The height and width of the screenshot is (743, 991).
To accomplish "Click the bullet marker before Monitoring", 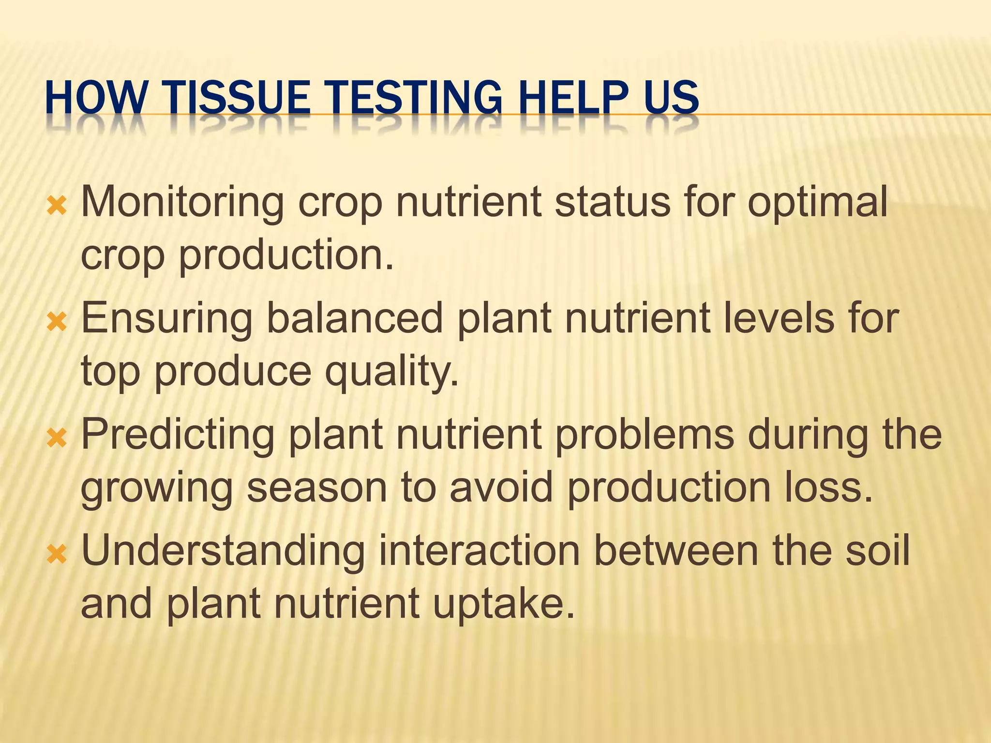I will click(x=56, y=206).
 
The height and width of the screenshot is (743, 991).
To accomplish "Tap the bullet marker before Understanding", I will click(x=56, y=554).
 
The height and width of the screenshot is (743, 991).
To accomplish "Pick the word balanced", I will click(x=355, y=318).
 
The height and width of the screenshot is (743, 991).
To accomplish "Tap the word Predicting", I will click(x=178, y=434).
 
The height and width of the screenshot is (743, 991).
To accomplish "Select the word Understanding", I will click(x=223, y=551).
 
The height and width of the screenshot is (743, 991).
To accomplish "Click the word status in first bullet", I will click(x=613, y=202).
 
